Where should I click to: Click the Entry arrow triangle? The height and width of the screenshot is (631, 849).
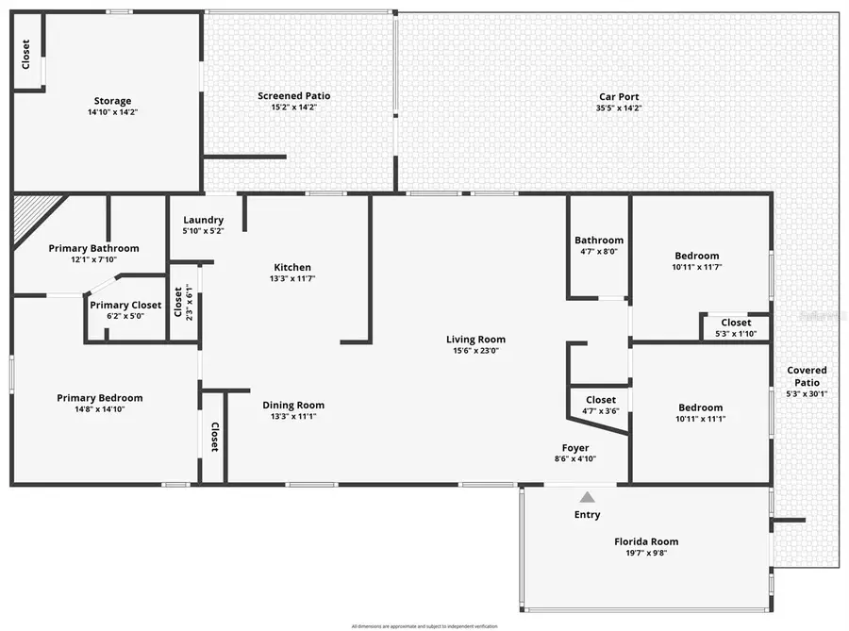[x=587, y=497]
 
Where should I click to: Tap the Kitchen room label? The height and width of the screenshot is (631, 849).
[x=292, y=267]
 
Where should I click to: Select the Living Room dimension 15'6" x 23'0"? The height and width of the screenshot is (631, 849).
[x=475, y=351]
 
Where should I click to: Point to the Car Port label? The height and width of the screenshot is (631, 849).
[x=619, y=96]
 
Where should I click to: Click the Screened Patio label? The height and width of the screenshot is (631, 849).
[x=294, y=95]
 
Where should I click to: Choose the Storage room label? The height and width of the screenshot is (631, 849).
[x=112, y=101]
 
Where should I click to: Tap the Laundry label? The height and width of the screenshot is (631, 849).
[x=203, y=219]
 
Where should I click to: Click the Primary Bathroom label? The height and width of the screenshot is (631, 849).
[x=94, y=248]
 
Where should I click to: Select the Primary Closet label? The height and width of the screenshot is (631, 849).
[x=125, y=305]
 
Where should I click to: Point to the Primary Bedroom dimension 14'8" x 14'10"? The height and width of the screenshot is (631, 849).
[x=100, y=409]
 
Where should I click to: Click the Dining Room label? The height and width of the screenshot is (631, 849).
[x=293, y=405]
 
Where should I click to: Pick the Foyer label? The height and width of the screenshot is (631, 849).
[x=575, y=448]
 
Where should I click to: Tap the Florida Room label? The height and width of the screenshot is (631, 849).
[x=646, y=541]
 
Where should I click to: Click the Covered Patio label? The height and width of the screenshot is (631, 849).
[x=807, y=376]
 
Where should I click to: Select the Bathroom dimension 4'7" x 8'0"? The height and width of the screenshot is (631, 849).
[x=599, y=252]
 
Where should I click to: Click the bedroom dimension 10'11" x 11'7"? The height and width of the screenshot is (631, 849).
[x=697, y=268]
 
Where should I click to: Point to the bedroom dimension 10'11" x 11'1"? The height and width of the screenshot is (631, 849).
[x=701, y=419]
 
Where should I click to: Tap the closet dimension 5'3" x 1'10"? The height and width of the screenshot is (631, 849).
[x=736, y=334]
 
